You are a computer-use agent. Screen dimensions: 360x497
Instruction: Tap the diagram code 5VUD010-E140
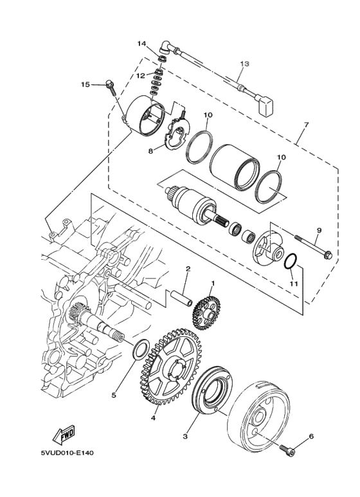pyautogui.click(x=67, y=453)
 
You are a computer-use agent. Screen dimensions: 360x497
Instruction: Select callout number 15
pyautogui.click(x=85, y=85)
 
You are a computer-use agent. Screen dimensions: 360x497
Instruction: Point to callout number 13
pyautogui.click(x=244, y=64)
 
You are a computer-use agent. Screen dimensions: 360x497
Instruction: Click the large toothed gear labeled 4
pyautogui.click(x=170, y=367)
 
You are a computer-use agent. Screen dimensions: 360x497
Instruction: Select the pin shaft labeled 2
pyautogui.click(x=182, y=298)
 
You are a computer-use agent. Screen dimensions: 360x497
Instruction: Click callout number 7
pyautogui.click(x=306, y=125)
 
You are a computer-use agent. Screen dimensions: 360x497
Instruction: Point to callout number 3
pyautogui.click(x=185, y=437)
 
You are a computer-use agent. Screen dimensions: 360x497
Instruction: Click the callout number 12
pyautogui.click(x=141, y=75)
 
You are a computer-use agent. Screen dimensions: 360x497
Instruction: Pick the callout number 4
pyautogui.click(x=153, y=418)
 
